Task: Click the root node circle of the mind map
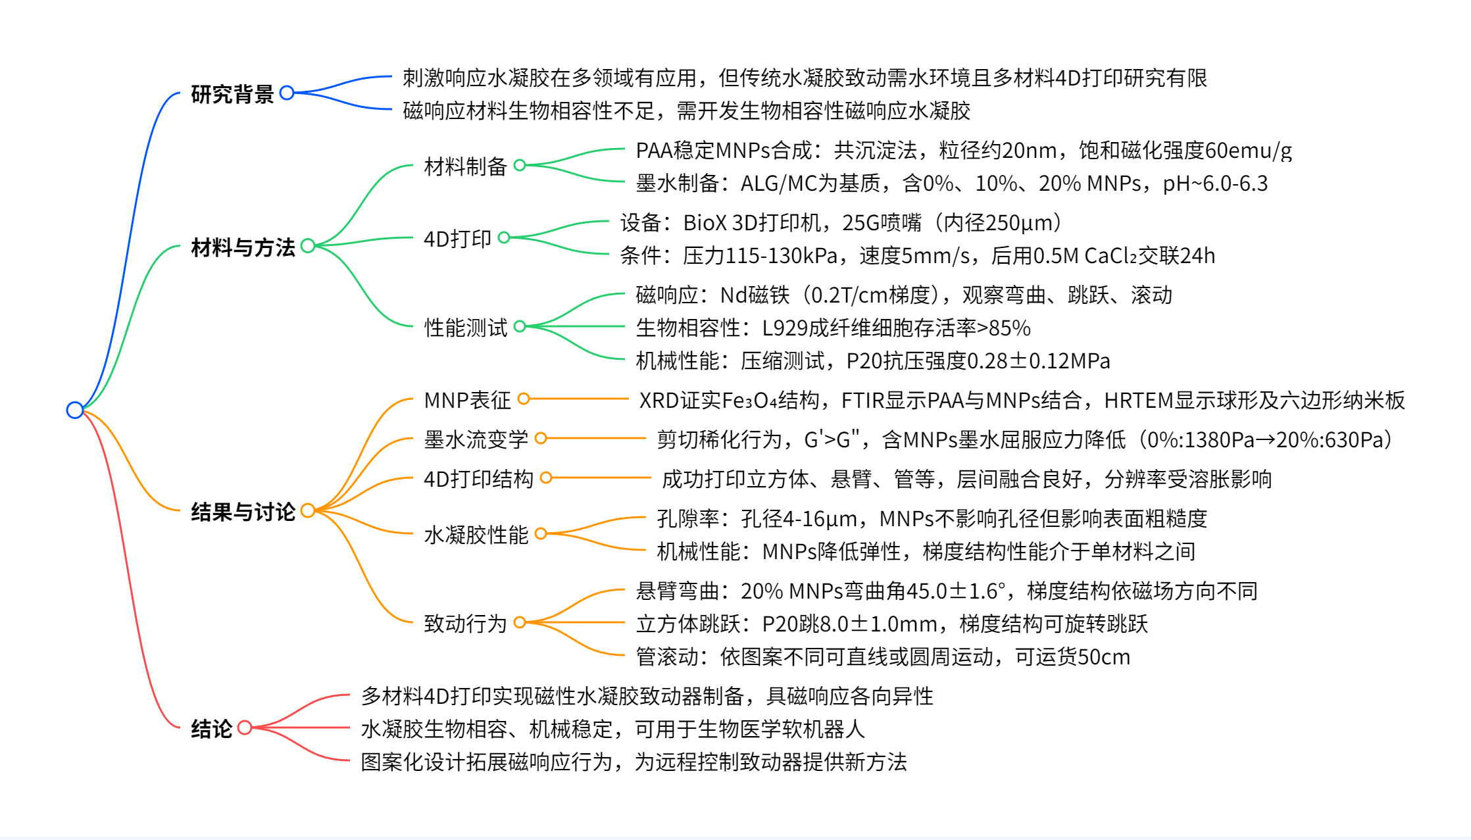tap(75, 410)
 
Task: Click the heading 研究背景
tap(232, 94)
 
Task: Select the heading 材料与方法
tap(243, 247)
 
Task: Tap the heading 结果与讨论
tap(243, 511)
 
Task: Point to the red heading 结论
tap(211, 728)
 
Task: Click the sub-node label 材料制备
tap(465, 166)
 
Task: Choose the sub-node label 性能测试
tap(465, 327)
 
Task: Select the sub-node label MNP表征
tap(467, 399)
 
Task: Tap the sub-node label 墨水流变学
tap(476, 439)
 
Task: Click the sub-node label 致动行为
tap(465, 623)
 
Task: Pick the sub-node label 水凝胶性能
tap(476, 534)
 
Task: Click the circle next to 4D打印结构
tap(546, 478)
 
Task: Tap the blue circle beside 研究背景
tap(287, 93)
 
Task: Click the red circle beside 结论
tap(245, 727)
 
